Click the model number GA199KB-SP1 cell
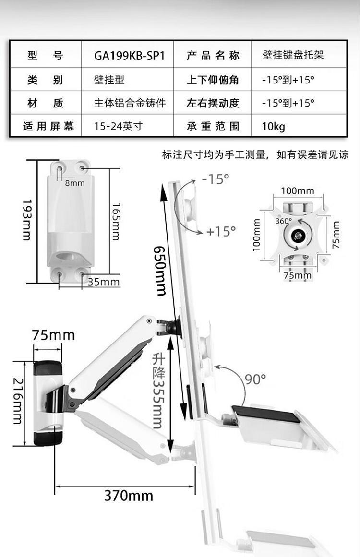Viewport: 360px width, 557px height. tap(129, 56)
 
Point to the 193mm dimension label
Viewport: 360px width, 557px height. tap(27, 220)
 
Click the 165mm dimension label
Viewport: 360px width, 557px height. tap(116, 222)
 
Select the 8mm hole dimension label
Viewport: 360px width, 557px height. tap(75, 183)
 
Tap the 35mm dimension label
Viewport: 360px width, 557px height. tap(103, 282)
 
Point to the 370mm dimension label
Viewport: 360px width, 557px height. tap(129, 496)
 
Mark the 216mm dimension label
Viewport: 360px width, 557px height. tap(18, 401)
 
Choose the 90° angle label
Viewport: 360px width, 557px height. tap(255, 379)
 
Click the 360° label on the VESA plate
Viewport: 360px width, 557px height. tap(283, 221)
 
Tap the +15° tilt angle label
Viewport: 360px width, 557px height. tap(221, 232)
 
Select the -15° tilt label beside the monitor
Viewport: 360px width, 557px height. tap(216, 179)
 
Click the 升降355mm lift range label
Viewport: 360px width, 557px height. tap(158, 391)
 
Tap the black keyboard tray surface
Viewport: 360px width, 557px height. tap(266, 414)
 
